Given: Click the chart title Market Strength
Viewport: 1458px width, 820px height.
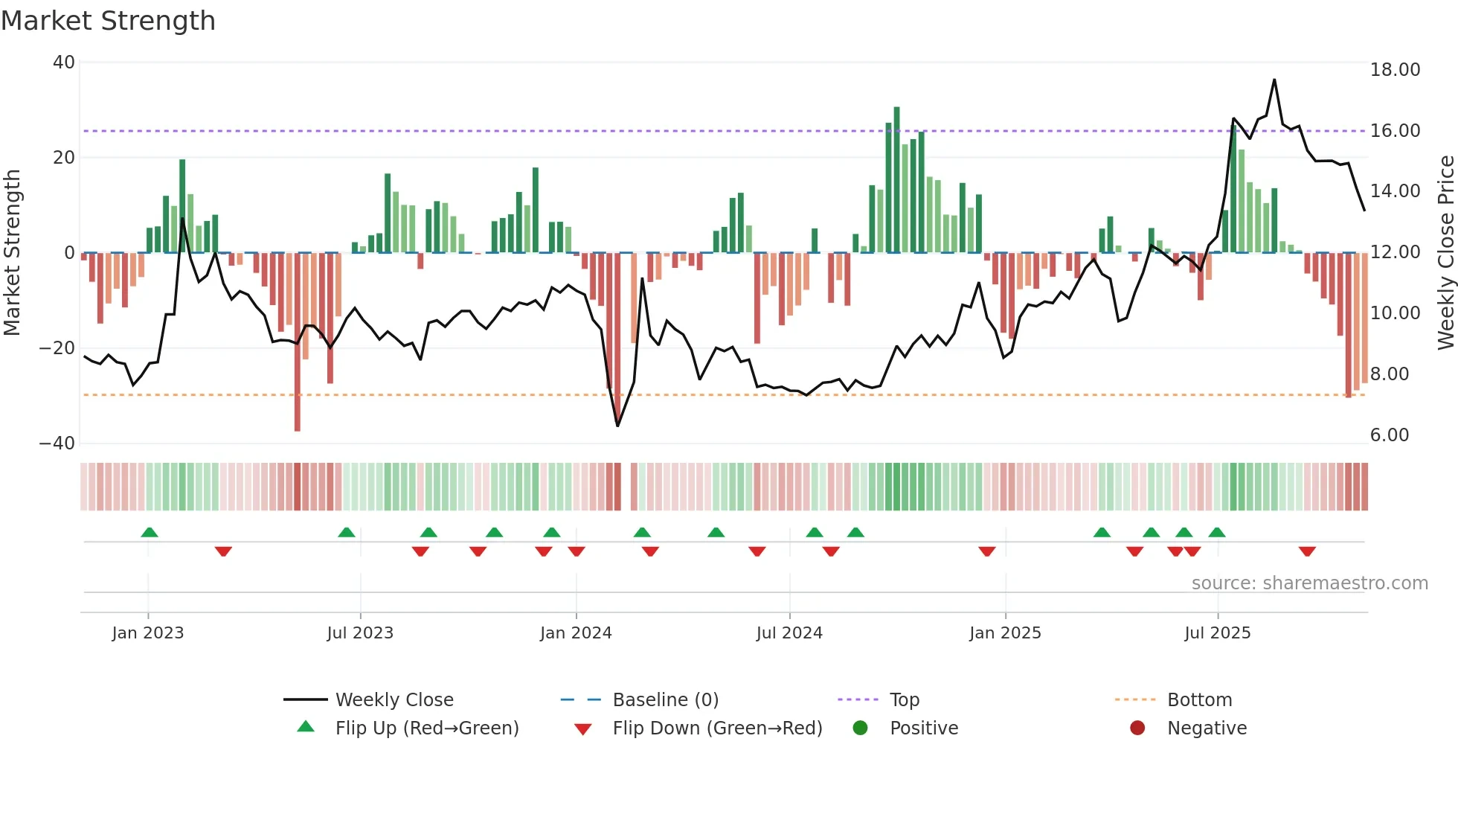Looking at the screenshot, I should (108, 21).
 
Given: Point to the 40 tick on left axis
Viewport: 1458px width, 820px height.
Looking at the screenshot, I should (64, 63).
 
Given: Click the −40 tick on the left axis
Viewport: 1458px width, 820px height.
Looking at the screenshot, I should (58, 443).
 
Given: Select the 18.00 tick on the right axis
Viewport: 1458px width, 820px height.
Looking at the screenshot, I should (1395, 70).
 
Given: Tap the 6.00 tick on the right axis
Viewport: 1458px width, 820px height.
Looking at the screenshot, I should (1390, 435).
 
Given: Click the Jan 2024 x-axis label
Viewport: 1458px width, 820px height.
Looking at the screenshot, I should (576, 633).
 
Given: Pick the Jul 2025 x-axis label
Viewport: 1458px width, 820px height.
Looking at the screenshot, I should (1218, 633).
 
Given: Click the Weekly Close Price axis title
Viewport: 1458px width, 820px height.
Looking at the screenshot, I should (1445, 253).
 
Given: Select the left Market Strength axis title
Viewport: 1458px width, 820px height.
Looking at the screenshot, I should (13, 253).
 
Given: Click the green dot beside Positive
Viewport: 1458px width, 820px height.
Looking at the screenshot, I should (861, 728).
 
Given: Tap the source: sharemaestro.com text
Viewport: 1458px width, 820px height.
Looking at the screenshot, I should (1309, 583).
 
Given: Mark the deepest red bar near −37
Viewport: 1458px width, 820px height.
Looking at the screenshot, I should (298, 342).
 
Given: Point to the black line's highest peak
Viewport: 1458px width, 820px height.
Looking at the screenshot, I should (1274, 80).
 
